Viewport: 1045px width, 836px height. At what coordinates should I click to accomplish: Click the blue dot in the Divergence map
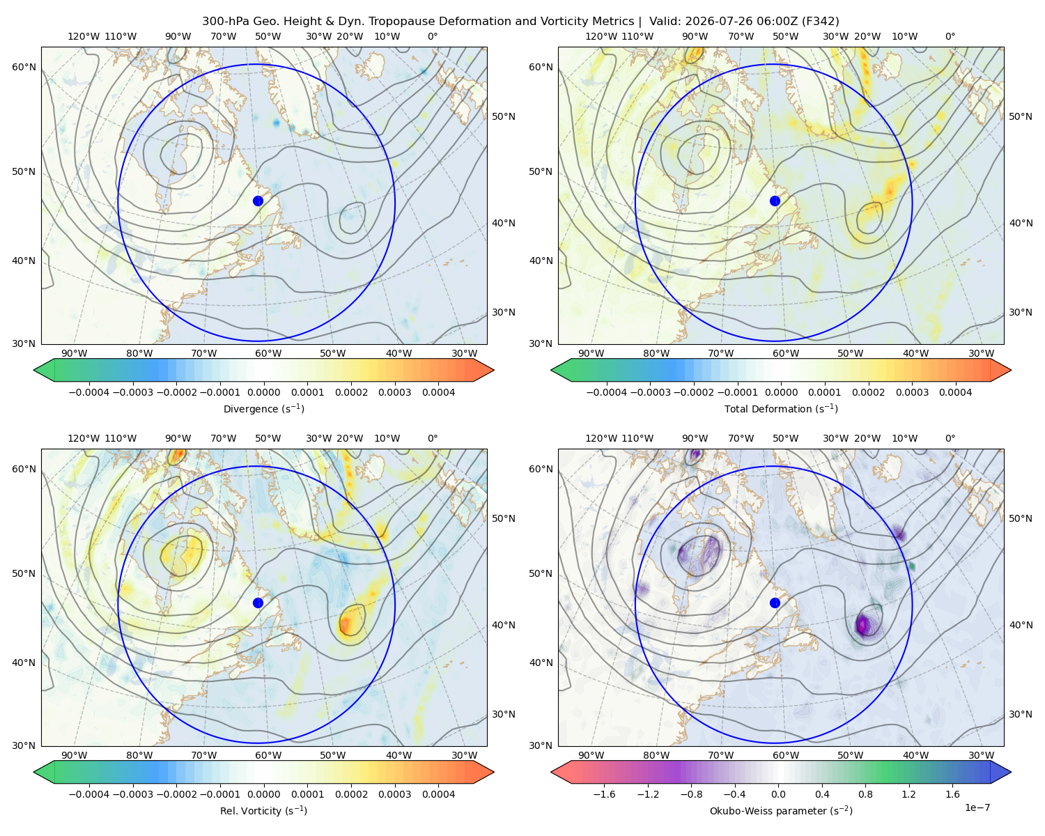[258, 201]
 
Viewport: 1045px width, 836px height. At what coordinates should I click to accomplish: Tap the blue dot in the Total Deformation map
[775, 201]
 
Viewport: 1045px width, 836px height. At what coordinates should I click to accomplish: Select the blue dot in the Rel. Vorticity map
[258, 603]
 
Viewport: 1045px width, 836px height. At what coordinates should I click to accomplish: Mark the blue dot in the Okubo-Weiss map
[775, 603]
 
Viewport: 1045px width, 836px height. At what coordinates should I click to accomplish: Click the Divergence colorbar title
[263, 408]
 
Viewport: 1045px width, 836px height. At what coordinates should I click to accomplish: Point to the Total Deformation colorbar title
[781, 408]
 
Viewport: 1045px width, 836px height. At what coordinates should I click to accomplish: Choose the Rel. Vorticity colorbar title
[263, 810]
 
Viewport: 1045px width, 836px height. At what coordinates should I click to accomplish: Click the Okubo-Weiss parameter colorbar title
[781, 810]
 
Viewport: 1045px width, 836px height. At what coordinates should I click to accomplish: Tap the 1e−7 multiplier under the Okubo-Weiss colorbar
[977, 807]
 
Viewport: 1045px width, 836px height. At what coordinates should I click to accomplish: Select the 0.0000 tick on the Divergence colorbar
[263, 392]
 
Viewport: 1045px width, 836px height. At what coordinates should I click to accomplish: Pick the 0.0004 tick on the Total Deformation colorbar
[955, 392]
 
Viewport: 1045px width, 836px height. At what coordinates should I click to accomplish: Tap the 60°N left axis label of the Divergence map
[24, 67]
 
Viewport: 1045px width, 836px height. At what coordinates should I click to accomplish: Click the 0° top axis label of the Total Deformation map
[950, 36]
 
